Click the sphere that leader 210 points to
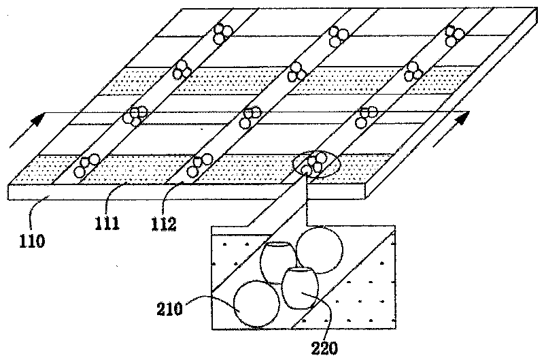[256, 304]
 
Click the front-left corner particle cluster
[86, 165]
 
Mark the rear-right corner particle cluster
[454, 35]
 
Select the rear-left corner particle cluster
[221, 33]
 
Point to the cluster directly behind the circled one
[366, 117]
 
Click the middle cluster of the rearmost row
[336, 35]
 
